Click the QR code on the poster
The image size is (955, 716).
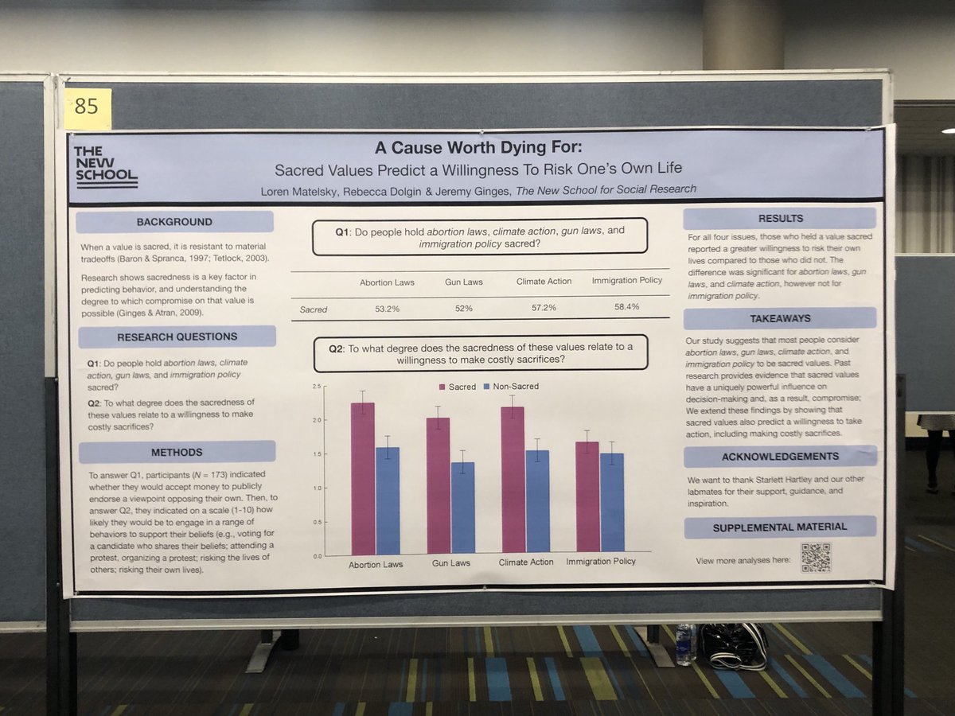point(816,557)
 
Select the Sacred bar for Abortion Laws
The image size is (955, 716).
point(363,477)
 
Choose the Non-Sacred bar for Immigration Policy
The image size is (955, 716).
point(612,502)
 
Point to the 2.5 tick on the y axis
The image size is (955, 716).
point(318,387)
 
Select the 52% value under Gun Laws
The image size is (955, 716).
point(464,308)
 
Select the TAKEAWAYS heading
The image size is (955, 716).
point(780,318)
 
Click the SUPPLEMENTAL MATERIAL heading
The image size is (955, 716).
point(780,526)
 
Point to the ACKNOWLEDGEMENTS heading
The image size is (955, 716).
point(780,457)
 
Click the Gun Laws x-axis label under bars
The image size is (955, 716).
point(451,562)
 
